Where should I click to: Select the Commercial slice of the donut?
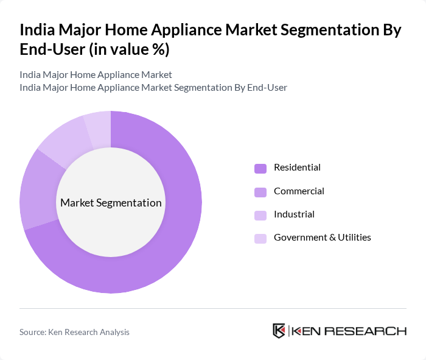38,189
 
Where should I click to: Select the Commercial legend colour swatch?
260,192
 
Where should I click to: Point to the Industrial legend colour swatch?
260,215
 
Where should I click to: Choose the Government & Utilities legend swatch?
260,238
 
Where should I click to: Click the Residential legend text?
297,168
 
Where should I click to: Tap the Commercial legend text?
299,191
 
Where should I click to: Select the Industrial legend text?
294,214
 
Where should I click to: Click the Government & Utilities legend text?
322,237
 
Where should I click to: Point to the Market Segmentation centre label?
111,203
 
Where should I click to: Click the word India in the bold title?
37,30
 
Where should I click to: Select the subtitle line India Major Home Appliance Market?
96,75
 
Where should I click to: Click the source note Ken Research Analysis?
74,332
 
